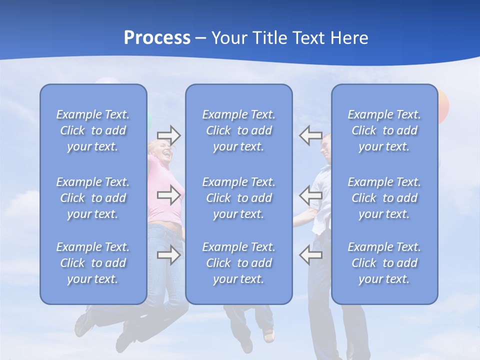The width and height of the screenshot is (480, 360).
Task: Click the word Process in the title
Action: click(x=157, y=38)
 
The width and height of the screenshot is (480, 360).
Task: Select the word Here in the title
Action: click(x=348, y=38)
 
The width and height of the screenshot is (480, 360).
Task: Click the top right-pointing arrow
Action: click(x=168, y=135)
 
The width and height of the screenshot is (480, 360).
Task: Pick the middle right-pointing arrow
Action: click(x=168, y=194)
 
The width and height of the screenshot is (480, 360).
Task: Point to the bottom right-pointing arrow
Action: click(x=168, y=255)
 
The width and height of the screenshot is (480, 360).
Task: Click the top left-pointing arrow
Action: click(x=310, y=135)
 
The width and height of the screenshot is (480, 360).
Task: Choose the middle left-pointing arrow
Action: click(x=310, y=194)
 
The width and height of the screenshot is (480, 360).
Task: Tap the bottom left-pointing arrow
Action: click(x=310, y=255)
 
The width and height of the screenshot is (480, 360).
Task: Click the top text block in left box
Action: click(x=93, y=130)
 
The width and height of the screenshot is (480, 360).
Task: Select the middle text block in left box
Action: click(x=93, y=198)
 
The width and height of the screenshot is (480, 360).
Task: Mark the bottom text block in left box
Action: click(x=93, y=263)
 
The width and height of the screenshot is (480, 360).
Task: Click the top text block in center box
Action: click(x=238, y=130)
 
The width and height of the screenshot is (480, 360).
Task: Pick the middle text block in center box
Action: click(x=238, y=198)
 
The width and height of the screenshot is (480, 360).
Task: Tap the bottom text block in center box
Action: click(x=238, y=263)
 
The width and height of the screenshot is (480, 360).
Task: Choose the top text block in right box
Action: click(x=384, y=130)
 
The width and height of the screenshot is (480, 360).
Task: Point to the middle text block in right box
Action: click(x=384, y=198)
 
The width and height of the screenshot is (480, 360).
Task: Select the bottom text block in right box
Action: click(x=384, y=263)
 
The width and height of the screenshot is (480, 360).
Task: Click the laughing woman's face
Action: click(x=163, y=149)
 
